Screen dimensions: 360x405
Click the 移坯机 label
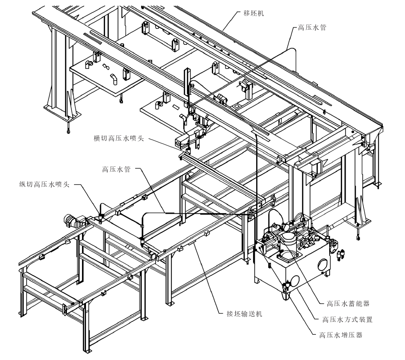[x=255, y=14]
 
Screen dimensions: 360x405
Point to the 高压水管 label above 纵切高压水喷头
[x=117, y=169]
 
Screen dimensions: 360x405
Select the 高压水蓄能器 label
[x=348, y=304]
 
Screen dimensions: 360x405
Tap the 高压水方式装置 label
[x=348, y=319]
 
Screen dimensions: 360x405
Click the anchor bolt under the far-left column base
[x=68, y=131]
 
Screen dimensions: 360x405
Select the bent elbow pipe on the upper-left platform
[x=114, y=79]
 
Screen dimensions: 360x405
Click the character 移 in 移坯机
[x=245, y=14]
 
